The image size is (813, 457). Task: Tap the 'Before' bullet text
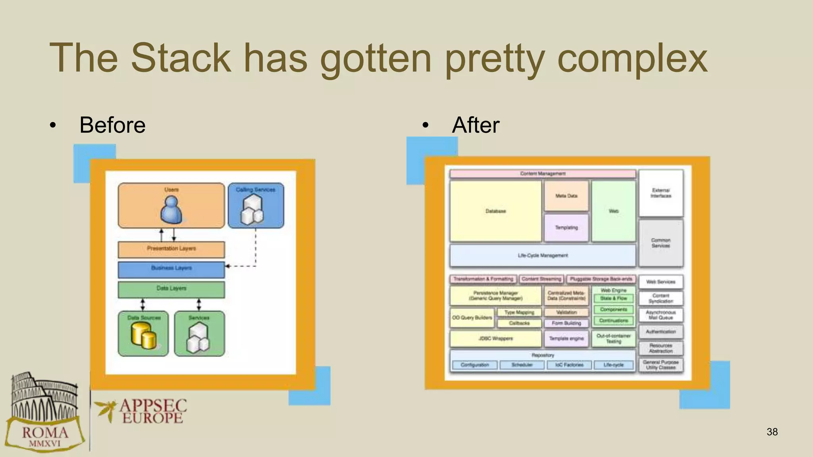point(112,125)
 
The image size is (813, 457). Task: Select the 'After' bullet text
point(475,125)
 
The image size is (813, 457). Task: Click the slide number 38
point(772,432)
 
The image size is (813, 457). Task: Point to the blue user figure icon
point(171,211)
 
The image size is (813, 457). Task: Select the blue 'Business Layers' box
point(171,269)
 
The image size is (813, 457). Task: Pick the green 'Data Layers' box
point(171,289)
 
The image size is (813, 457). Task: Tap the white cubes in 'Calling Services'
point(252,211)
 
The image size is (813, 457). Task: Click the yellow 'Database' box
point(495,211)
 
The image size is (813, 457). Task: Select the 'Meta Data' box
point(566,196)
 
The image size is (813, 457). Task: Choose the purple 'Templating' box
point(566,228)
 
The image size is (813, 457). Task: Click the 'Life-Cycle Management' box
point(542,255)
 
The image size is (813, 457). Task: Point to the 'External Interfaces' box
point(661,193)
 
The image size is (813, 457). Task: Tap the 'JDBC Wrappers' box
point(495,338)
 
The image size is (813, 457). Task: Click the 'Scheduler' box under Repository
point(522,365)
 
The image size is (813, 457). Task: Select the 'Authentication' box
point(661,332)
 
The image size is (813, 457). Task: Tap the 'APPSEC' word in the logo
point(153,406)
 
